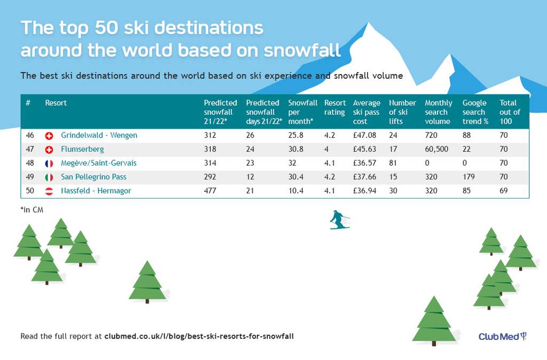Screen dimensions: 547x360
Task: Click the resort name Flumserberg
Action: pyautogui.click(x=82, y=150)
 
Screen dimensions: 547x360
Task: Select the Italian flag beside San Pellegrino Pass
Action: pyautogui.click(x=49, y=177)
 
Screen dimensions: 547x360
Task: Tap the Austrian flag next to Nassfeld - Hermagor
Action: pyautogui.click(x=49, y=191)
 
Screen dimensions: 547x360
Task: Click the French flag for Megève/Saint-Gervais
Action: pyautogui.click(x=49, y=163)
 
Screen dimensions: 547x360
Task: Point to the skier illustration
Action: pyautogui.click(x=339, y=220)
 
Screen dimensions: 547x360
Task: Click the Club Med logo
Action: pyautogui.click(x=502, y=336)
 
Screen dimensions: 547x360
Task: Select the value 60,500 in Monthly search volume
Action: pyautogui.click(x=436, y=150)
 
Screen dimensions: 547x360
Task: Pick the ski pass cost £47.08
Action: pyautogui.click(x=364, y=135)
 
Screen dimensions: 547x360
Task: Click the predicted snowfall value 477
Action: pyautogui.click(x=210, y=191)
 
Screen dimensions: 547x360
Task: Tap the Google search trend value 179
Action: pyautogui.click(x=468, y=177)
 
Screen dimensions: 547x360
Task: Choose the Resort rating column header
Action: pyautogui.click(x=335, y=107)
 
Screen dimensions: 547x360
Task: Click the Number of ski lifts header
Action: pyautogui.click(x=403, y=112)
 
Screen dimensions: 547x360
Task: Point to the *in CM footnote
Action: pyautogui.click(x=32, y=210)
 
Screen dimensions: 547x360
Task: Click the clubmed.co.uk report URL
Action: pyautogui.click(x=199, y=336)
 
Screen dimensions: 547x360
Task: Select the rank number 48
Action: pyautogui.click(x=30, y=163)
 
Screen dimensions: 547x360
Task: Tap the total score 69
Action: pyautogui.click(x=503, y=191)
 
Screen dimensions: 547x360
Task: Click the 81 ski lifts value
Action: pyautogui.click(x=393, y=163)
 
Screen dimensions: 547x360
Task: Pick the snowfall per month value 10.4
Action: pyautogui.click(x=296, y=191)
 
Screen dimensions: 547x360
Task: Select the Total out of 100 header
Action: pyautogui.click(x=510, y=112)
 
